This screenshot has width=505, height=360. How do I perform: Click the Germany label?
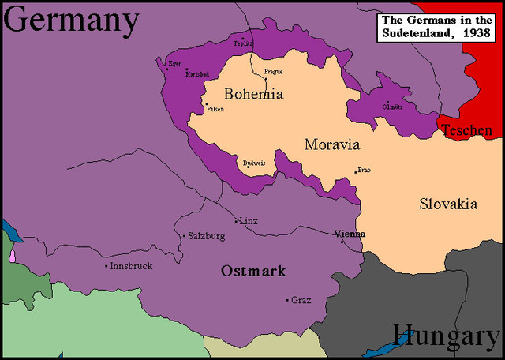[71, 21]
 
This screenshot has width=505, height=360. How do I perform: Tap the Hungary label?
[446, 336]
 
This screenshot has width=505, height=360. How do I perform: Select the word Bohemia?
[253, 94]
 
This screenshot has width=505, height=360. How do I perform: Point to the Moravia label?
[331, 144]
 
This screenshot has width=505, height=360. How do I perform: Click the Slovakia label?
[447, 204]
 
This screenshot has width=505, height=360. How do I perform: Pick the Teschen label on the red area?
[467, 130]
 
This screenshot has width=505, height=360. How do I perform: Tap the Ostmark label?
[253, 271]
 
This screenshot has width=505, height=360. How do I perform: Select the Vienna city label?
[350, 234]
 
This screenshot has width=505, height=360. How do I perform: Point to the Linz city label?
[249, 221]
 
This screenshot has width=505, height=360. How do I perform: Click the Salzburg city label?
[204, 235]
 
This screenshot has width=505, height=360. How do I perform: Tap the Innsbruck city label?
[131, 266]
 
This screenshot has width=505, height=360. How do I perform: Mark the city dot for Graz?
[286, 299]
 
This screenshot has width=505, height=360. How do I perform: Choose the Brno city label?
[364, 170]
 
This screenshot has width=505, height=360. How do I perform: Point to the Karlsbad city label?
[197, 72]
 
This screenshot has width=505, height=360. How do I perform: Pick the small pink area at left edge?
[13, 255]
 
